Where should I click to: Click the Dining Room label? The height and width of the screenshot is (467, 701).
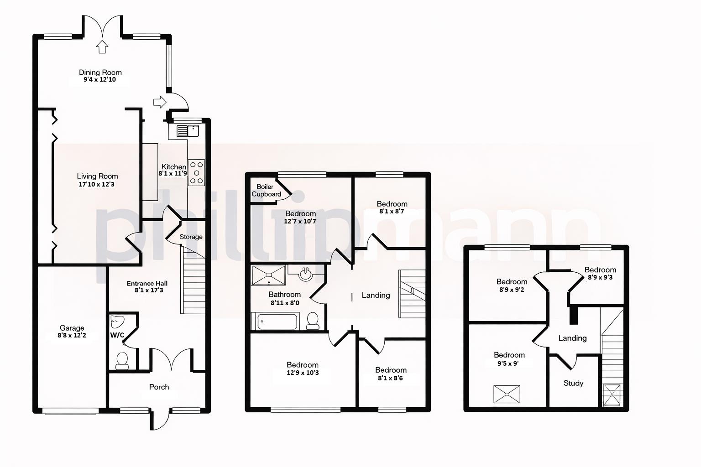coord(100,72)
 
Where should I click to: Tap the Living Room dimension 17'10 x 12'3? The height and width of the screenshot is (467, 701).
coord(96,185)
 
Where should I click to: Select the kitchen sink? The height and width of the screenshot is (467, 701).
coord(188,131)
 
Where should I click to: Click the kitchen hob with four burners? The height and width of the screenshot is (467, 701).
coord(197,173)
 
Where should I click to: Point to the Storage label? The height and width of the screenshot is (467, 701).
coord(191,237)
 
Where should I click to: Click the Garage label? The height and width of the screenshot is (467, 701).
coord(72,328)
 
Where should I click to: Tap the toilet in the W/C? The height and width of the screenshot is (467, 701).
coord(122,360)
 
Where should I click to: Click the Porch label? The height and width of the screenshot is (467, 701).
coord(159,387)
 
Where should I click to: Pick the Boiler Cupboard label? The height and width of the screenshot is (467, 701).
coord(266,190)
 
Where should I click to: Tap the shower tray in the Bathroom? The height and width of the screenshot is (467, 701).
coord(268,275)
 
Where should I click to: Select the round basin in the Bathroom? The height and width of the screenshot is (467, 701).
coord(305,275)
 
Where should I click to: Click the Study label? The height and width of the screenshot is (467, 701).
coord(573,383)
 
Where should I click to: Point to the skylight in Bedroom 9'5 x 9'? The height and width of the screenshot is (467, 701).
coord(507,394)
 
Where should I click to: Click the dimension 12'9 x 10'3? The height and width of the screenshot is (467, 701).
coord(303,373)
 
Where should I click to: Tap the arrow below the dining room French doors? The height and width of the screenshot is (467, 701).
coord(102,47)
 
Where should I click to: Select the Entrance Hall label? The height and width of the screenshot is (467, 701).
coord(147,283)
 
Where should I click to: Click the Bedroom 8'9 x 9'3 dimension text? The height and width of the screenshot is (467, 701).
coord(600,277)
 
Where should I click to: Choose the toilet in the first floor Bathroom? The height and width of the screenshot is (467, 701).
coord(313,320)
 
